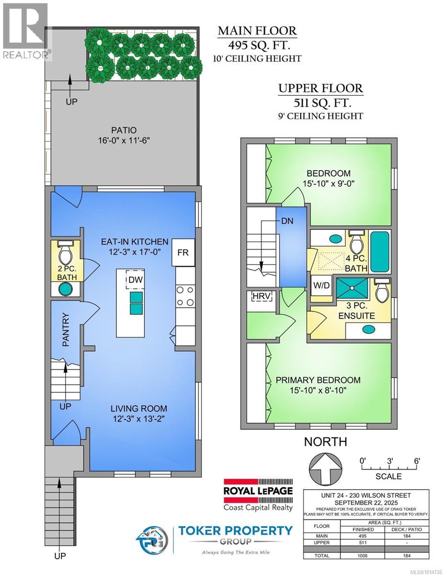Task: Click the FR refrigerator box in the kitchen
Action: tap(183, 252)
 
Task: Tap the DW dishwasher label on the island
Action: tap(136, 280)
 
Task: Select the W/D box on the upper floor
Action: tap(321, 285)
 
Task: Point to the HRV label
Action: tap(261, 296)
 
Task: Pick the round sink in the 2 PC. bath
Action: tap(65, 289)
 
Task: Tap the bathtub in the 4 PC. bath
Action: tap(380, 252)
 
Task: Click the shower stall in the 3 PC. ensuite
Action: tap(352, 288)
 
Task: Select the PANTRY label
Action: tap(65, 330)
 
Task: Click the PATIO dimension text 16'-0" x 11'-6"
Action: tap(124, 140)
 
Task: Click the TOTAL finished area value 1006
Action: tap(362, 568)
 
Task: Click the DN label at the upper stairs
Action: tap(287, 221)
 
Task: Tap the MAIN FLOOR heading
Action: tap(257, 31)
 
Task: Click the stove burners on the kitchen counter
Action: tap(185, 296)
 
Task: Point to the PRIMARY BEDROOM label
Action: tap(318, 380)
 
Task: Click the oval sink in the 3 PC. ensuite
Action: tap(369, 329)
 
